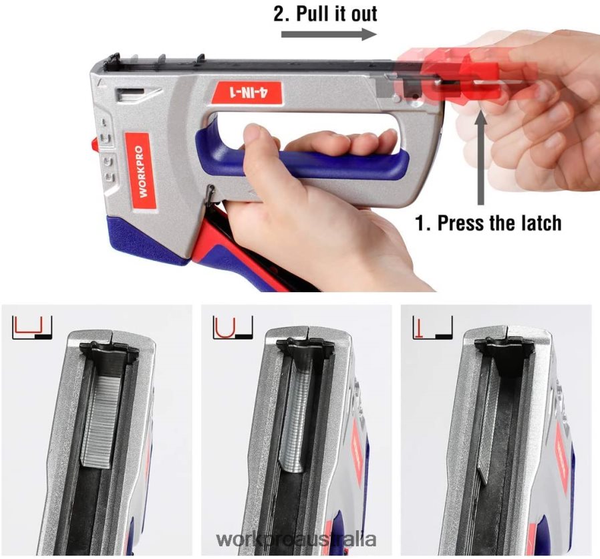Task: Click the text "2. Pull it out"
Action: pos(325,13)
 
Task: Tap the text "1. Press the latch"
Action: pos(488,223)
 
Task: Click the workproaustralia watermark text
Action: pos(297,540)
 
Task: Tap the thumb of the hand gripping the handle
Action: pos(257,144)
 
